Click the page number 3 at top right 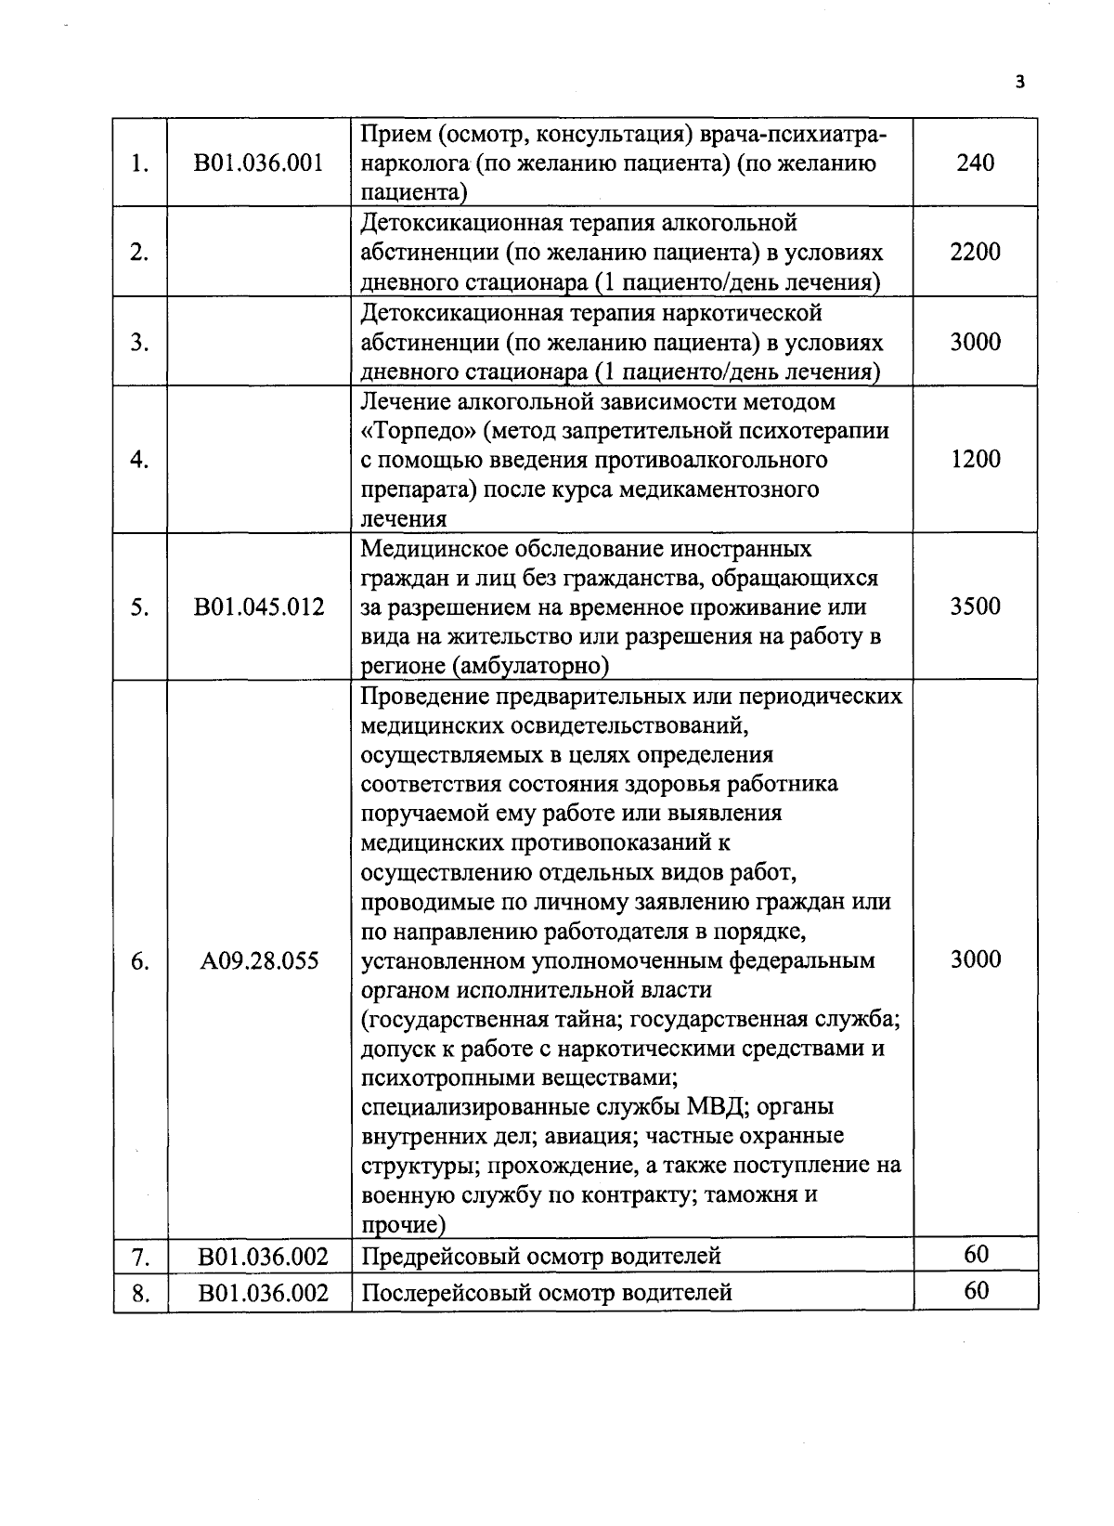1020,83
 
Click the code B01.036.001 259,163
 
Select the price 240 975,163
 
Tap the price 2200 975,252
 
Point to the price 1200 975,459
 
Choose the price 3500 975,606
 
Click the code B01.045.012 259,607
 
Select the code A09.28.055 259,960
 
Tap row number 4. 139,460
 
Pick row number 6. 139,960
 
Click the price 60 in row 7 976,1255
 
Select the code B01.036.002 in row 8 264,1293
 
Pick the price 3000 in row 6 975,959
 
